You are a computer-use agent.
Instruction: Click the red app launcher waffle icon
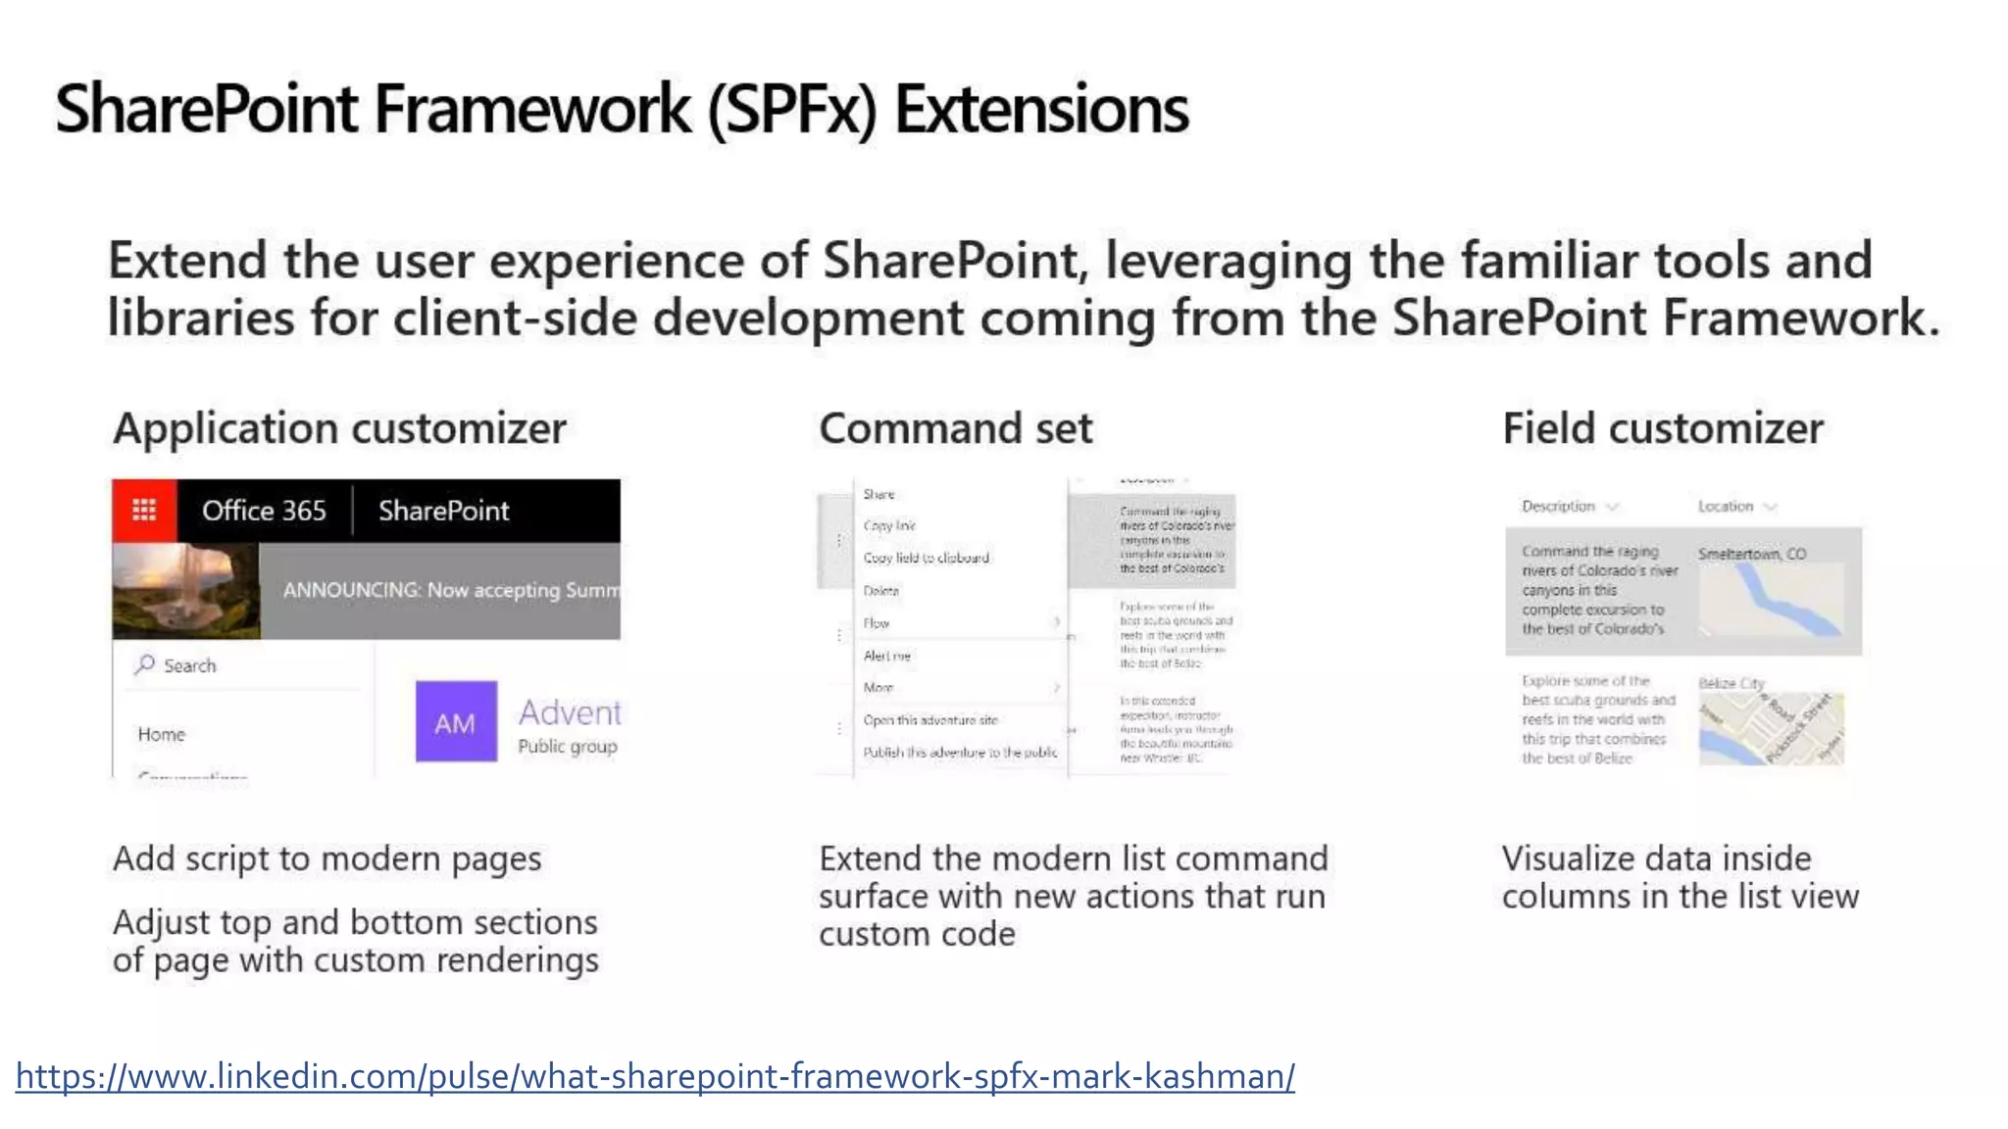click(144, 511)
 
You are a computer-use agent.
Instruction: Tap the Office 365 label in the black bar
click(264, 511)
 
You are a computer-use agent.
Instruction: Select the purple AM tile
click(456, 722)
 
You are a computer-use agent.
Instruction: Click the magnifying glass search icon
click(145, 664)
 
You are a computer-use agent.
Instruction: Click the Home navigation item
click(162, 734)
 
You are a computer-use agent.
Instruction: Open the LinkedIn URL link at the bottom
click(655, 1076)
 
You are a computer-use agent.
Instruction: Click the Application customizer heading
click(339, 428)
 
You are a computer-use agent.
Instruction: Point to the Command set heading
click(955, 428)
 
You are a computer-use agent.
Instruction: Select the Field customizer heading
click(1663, 428)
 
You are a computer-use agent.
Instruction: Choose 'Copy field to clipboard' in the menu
click(926, 558)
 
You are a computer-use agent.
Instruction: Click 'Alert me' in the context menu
click(886, 656)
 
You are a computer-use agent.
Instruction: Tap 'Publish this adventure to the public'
click(960, 752)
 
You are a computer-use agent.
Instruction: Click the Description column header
click(1558, 506)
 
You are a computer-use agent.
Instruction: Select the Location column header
click(1726, 506)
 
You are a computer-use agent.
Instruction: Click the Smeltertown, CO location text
click(1752, 554)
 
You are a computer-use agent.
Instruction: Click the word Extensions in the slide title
click(1041, 109)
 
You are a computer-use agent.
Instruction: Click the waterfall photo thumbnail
click(185, 591)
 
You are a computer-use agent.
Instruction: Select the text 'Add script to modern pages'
click(327, 859)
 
